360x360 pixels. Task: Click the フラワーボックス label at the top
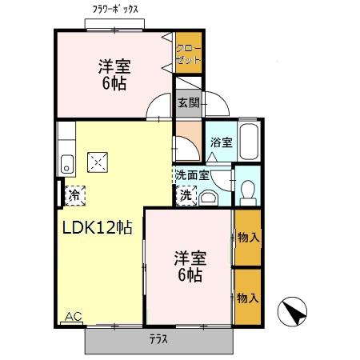point(115,10)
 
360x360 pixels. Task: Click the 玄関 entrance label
point(188,103)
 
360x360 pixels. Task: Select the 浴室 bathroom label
point(222,142)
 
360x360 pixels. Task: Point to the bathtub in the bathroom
point(250,142)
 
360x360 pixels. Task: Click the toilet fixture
point(248,190)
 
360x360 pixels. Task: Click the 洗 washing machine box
point(186,194)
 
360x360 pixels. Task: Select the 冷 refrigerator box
point(74,193)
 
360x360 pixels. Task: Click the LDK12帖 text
point(97,227)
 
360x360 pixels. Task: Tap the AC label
point(73,317)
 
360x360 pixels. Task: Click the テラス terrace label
point(158,339)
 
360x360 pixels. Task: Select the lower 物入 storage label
point(248,298)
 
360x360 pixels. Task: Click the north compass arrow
point(293,311)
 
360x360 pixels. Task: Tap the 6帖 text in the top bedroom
point(114,82)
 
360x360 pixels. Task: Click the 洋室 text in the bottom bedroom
point(190,258)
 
